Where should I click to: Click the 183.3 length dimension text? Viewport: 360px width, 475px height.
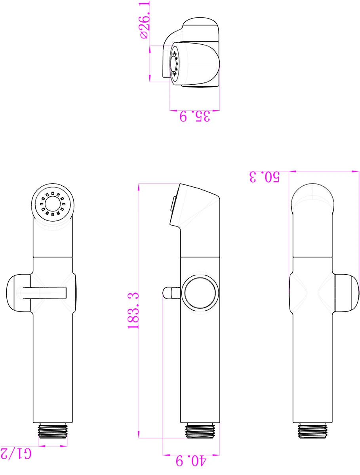coord(133,311)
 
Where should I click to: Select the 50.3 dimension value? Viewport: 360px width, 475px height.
coord(264,177)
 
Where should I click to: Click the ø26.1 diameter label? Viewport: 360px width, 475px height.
coord(145,20)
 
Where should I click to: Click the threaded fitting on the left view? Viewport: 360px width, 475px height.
coord(53,431)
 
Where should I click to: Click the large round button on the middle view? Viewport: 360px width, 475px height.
coord(200,293)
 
